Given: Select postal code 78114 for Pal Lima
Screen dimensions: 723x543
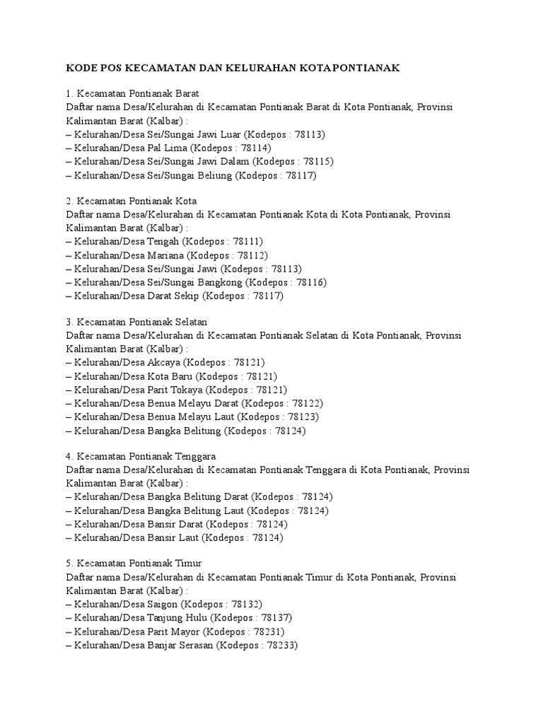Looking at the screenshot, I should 255,148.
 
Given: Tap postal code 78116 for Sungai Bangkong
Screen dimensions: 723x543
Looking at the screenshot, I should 311,282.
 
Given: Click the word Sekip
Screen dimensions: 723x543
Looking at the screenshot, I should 186,296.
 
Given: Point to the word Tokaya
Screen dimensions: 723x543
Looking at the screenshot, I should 187,390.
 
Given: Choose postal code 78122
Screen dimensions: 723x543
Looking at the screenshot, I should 307,403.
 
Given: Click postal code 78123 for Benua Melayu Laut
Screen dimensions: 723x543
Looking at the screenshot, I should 301,417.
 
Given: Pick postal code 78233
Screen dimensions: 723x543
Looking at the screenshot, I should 281,645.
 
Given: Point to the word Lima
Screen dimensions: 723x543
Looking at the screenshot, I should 173,148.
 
